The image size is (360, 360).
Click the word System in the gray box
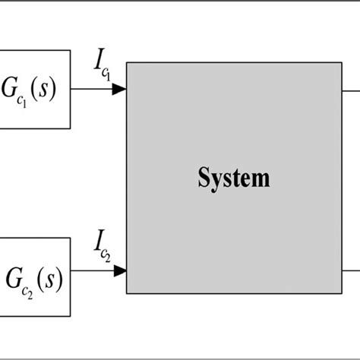(233, 179)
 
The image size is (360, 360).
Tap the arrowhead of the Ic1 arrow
(118, 90)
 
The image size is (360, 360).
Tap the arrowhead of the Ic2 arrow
(118, 270)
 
